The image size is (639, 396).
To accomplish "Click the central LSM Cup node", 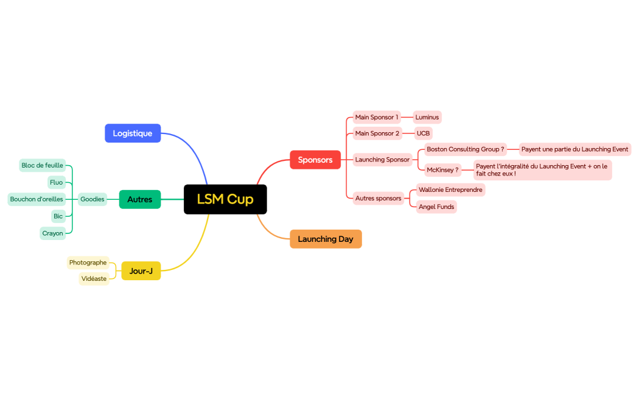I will (225, 199).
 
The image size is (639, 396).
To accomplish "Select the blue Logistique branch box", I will (133, 133).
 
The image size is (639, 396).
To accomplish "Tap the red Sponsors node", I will (315, 160).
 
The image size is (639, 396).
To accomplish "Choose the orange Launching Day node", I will (326, 239).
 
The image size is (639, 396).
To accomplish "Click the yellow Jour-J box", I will (141, 270).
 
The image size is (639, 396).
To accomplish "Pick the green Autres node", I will (140, 199).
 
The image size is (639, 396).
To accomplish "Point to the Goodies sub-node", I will (93, 199).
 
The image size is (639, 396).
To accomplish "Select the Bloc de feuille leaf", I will (43, 165).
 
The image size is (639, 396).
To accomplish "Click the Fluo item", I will (57, 182).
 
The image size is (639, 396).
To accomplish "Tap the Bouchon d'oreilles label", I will (37, 199).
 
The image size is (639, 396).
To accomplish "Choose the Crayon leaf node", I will (53, 233).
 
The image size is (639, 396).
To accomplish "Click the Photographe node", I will (88, 263).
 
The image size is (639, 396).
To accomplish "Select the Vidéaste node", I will (94, 278).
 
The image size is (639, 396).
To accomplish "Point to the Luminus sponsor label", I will (427, 117).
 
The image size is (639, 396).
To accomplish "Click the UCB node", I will (423, 133).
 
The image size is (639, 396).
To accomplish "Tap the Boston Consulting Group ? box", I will (466, 149).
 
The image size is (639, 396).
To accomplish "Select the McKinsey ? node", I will (442, 170).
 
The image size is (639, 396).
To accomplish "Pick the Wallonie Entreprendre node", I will (450, 189).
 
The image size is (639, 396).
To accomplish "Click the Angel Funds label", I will (436, 207).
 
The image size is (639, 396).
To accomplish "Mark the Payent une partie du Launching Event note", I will (574, 149).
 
